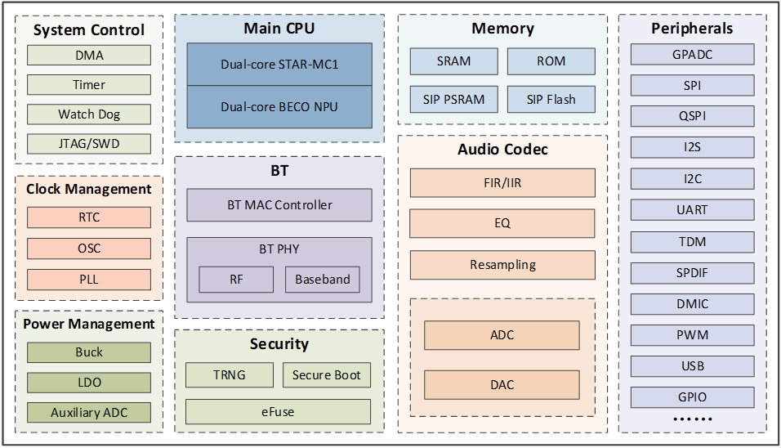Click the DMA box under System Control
(89, 56)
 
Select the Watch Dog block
(89, 114)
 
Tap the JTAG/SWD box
(89, 144)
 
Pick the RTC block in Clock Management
(89, 217)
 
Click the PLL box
(89, 279)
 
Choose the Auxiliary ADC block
(89, 412)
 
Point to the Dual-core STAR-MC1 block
(279, 64)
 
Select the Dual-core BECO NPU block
(279, 106)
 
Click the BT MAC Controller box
(279, 204)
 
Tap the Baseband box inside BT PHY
(323, 279)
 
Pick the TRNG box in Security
(230, 375)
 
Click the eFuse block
(279, 411)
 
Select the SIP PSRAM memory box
(453, 100)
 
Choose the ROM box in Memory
(551, 61)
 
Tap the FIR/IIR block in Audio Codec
(502, 183)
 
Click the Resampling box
(502, 265)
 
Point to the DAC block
(502, 384)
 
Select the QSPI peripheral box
(693, 116)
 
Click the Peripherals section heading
(692, 29)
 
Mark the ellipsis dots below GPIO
(692, 419)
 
